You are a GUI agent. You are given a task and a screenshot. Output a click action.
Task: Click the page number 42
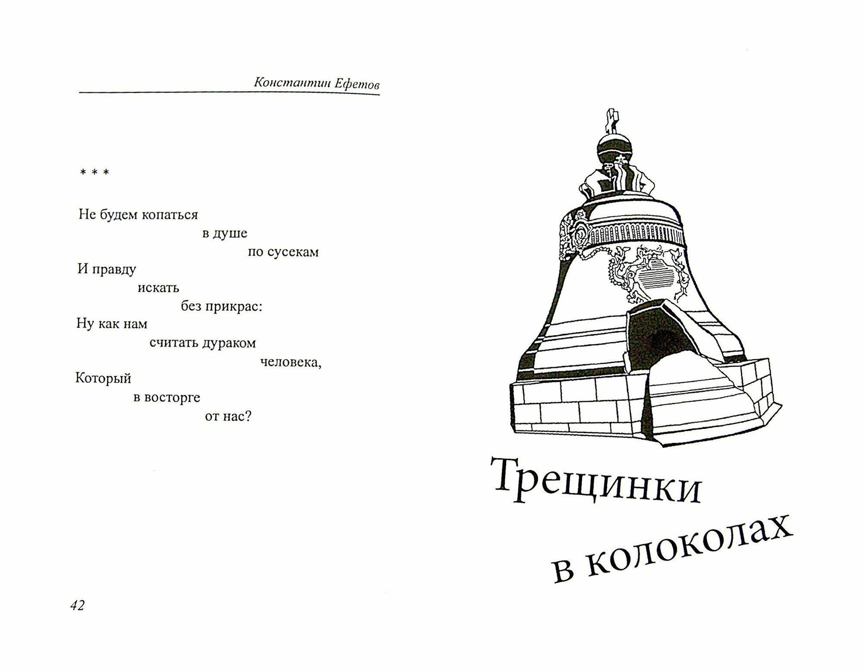coord(77,605)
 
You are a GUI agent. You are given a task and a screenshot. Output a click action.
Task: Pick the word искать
coord(158,288)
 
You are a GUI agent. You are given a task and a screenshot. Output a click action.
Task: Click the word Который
coord(103,378)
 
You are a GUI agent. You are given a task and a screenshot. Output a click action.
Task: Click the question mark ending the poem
coord(248,416)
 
